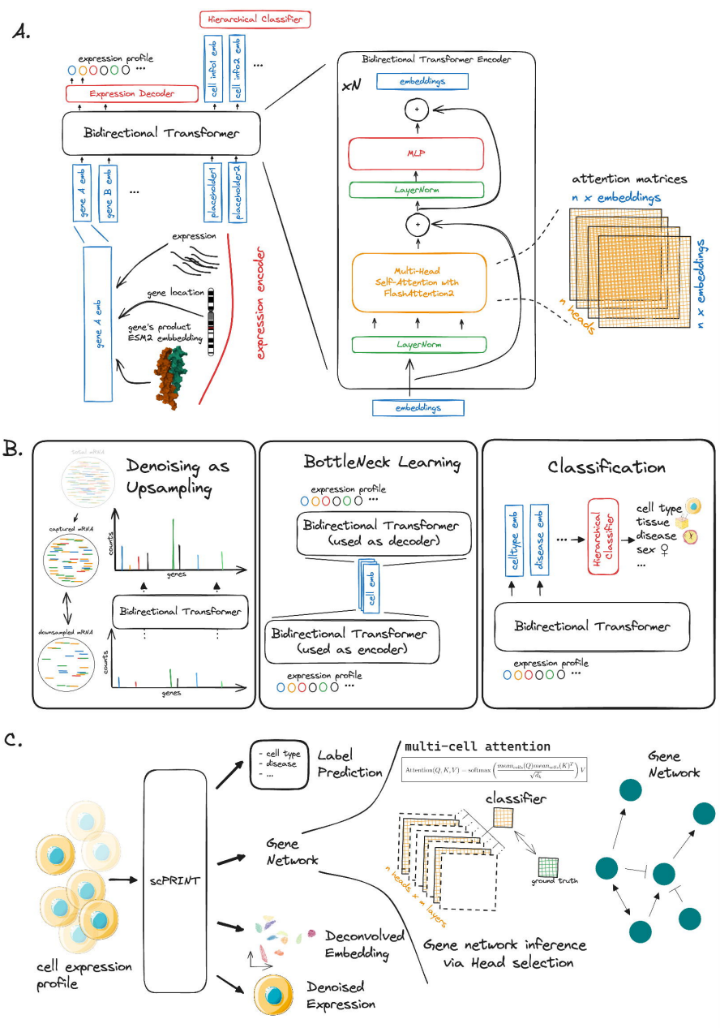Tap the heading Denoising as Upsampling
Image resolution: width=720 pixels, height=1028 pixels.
tap(178, 477)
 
